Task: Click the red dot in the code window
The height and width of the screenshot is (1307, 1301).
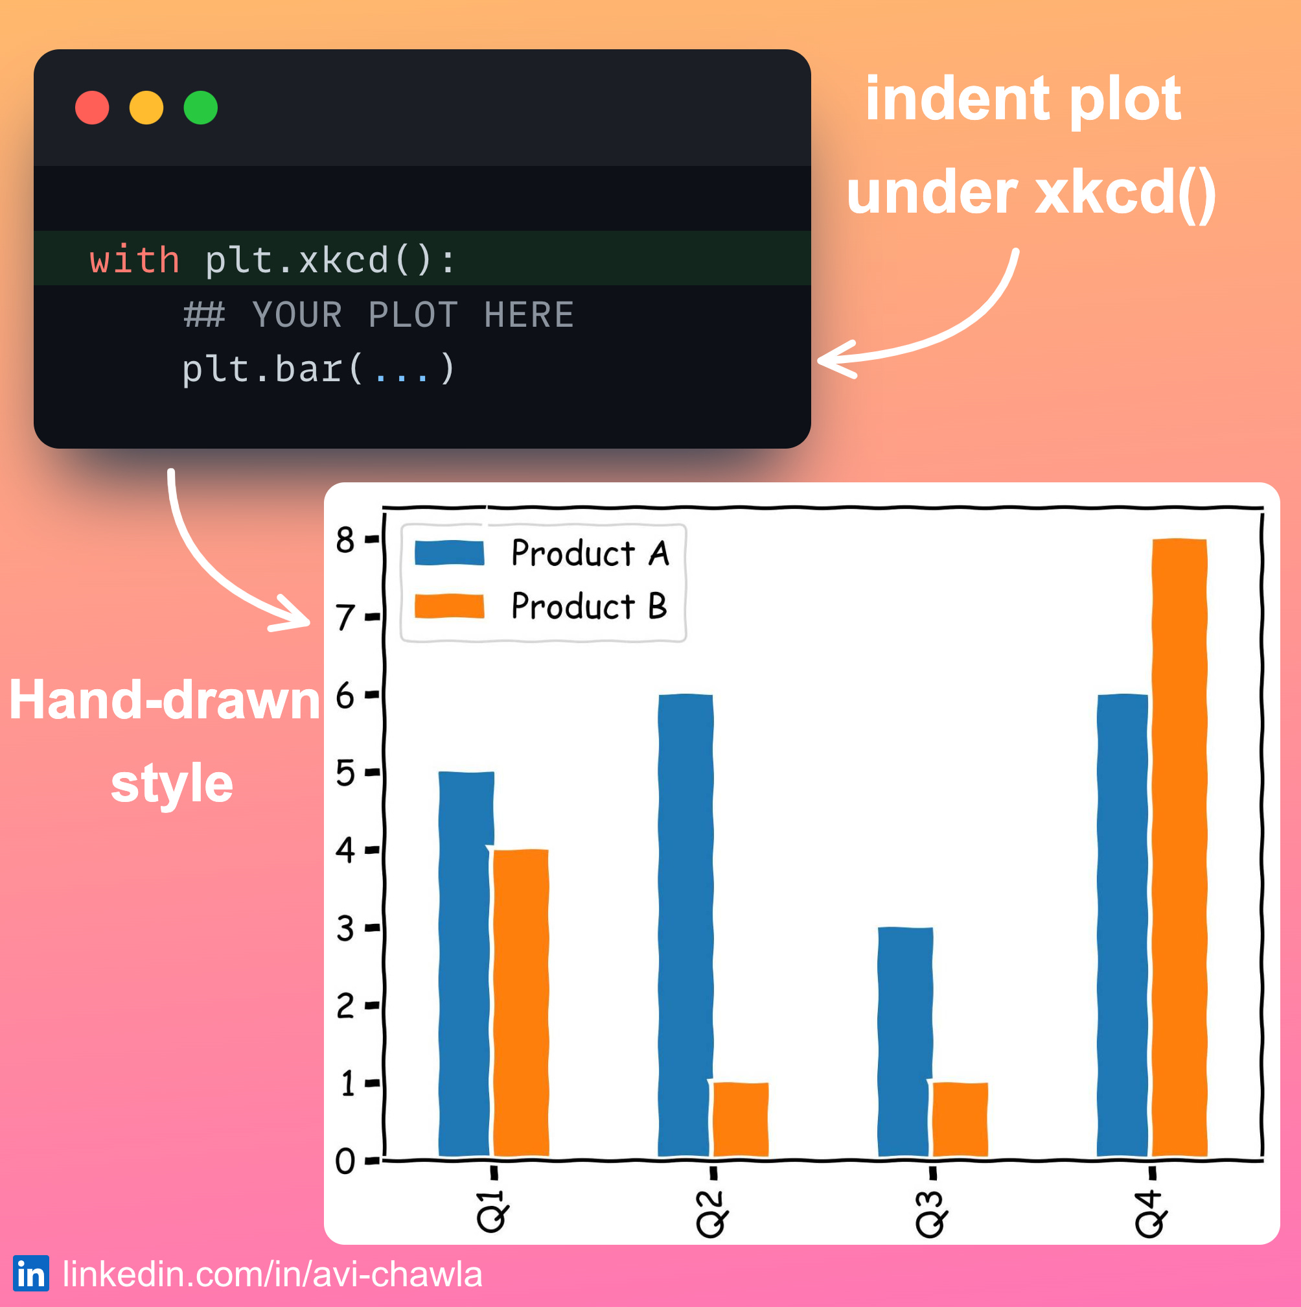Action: (92, 108)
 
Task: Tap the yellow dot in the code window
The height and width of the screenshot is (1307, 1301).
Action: (146, 108)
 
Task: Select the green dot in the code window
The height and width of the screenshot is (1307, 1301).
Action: (200, 108)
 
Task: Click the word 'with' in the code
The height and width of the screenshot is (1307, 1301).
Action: (135, 261)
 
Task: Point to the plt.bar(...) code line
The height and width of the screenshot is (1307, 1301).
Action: (319, 370)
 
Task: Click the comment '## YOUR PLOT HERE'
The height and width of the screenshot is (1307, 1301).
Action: (378, 315)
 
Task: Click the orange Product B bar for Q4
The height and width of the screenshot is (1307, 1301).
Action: (1179, 845)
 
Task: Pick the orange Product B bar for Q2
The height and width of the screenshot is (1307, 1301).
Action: (741, 1120)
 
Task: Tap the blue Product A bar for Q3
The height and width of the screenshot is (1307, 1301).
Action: (904, 1042)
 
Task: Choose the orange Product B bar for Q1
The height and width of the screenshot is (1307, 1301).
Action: (521, 1001)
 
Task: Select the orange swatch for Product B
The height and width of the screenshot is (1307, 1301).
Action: (449, 606)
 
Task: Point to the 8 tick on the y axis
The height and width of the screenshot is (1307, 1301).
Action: (345, 540)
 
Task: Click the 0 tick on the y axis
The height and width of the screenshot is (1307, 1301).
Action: (345, 1161)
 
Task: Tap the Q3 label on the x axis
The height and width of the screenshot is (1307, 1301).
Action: (930, 1214)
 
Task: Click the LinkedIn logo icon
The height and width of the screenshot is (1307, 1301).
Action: (31, 1274)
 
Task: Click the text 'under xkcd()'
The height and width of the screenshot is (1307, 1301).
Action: (1031, 193)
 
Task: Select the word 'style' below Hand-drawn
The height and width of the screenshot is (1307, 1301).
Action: (172, 783)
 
